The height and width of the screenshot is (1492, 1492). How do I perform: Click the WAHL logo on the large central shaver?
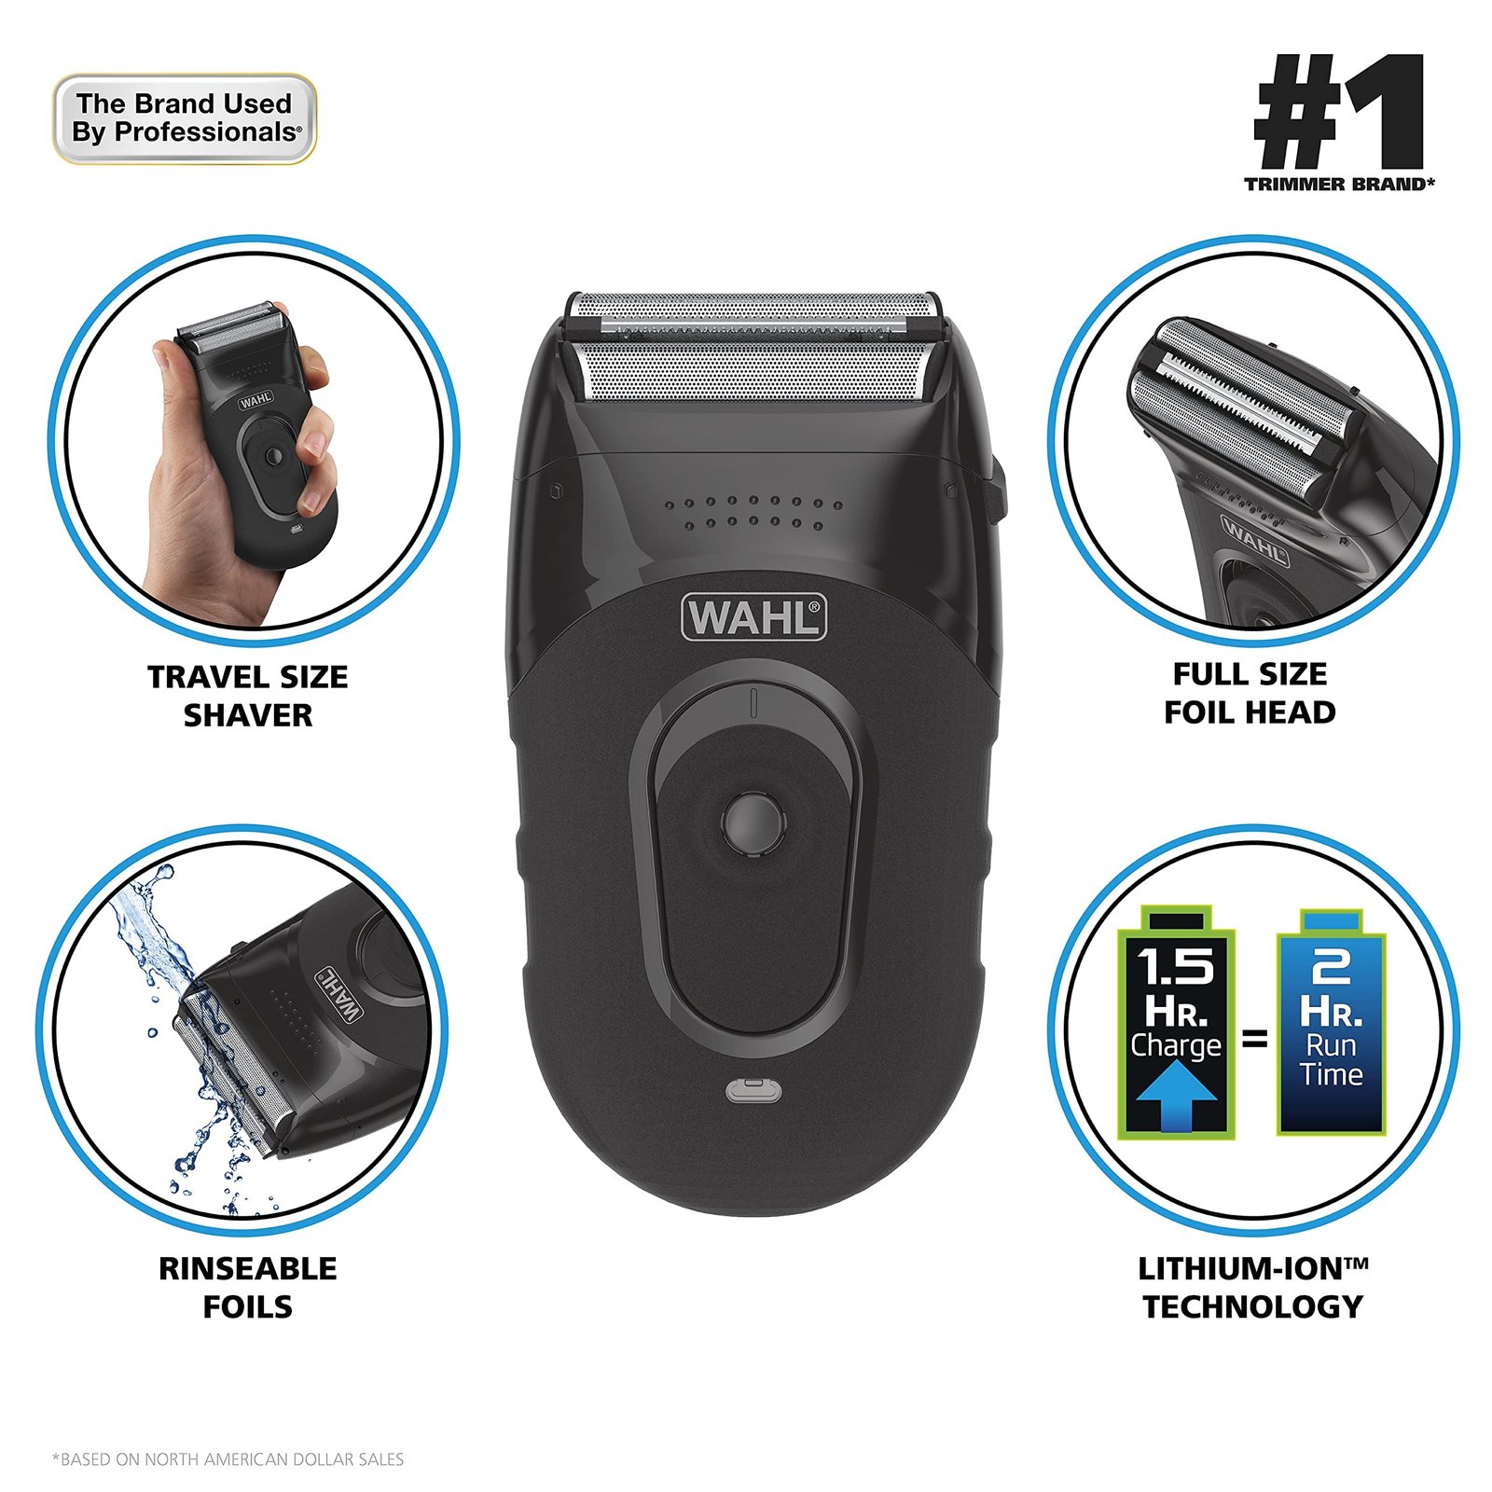[754, 617]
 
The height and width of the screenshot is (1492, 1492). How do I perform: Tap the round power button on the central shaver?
[753, 822]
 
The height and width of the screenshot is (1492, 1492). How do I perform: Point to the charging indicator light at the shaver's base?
[753, 1089]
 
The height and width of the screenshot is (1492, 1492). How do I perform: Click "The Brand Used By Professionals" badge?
[185, 118]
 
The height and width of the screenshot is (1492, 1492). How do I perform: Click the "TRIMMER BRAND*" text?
[1339, 185]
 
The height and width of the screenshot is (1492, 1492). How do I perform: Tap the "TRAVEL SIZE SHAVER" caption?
[247, 696]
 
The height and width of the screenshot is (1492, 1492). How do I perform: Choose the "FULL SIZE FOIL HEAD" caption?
[1250, 693]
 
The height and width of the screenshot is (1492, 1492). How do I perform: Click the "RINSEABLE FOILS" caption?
[247, 1287]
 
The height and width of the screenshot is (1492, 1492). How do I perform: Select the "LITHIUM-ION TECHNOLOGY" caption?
[1252, 1287]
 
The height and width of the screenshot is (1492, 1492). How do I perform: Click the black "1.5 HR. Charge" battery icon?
[1177, 1022]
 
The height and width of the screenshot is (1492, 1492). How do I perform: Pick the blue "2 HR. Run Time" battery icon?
[1331, 1022]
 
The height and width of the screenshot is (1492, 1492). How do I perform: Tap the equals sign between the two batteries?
[1255, 1038]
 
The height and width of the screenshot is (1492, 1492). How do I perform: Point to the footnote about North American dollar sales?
[228, 1458]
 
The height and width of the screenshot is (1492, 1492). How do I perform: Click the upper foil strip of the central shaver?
[753, 313]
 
